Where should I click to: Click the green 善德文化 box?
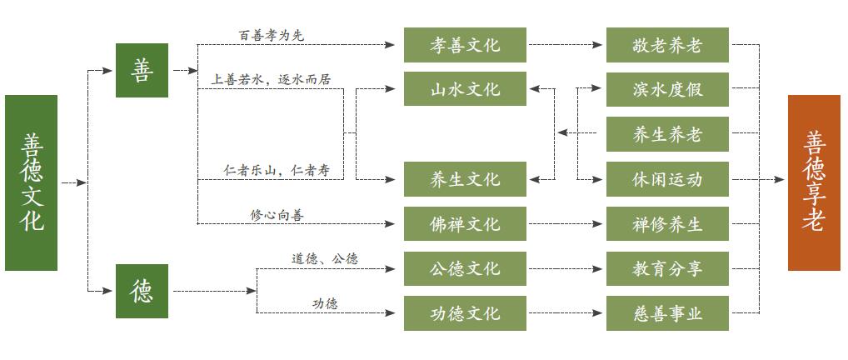(x=32, y=182)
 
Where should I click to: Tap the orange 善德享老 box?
(x=814, y=182)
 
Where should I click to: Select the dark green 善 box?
(x=142, y=71)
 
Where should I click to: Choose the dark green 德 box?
(x=142, y=291)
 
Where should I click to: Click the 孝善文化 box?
(x=465, y=45)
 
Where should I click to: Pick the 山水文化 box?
(x=465, y=88)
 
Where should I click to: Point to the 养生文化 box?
(x=465, y=179)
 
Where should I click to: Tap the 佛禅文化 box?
(x=465, y=224)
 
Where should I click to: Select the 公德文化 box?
(x=465, y=268)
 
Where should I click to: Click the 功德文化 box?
(x=465, y=313)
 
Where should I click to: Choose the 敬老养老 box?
(x=667, y=45)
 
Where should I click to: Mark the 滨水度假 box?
(x=667, y=88)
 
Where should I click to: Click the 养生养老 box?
(x=667, y=134)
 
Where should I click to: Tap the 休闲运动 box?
(x=667, y=179)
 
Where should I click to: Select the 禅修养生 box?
(x=667, y=224)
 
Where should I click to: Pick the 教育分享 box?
(x=667, y=268)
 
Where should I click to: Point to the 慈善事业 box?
(x=667, y=313)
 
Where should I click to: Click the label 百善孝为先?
(x=272, y=35)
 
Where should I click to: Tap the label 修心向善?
(x=277, y=215)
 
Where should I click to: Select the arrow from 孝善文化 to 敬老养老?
(x=566, y=45)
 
